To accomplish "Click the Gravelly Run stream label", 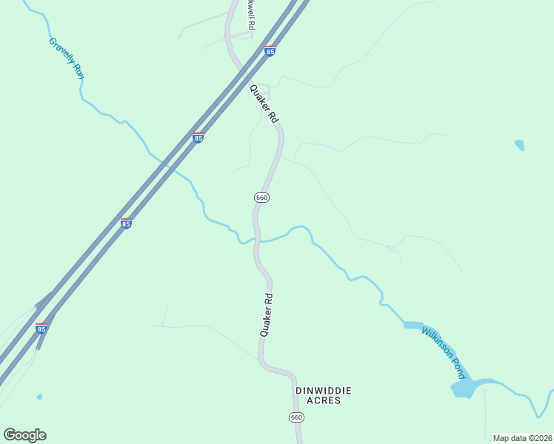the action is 65,60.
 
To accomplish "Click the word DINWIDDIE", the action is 323,390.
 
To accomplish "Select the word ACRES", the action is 323,400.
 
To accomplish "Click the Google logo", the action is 24,435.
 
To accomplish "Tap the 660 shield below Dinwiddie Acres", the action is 296,417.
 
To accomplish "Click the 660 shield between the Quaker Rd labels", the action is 261,198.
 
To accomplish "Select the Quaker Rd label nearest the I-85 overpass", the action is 264,104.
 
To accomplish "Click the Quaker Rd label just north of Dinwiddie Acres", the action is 267,315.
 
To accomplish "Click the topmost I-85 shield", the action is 270,51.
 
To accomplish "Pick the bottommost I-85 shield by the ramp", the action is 41,328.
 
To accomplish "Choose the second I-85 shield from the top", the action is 198,138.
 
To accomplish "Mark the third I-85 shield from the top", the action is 126,223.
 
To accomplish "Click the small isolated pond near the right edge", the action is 519,144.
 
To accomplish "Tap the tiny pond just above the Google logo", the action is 39,397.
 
